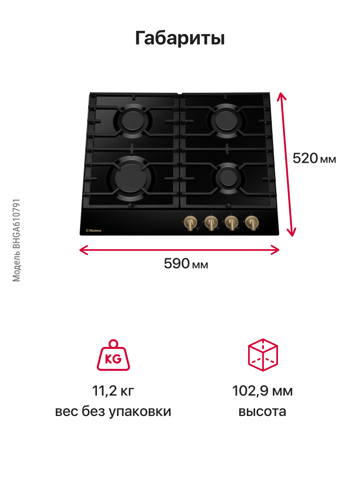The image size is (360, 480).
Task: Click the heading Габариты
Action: pos(180,38)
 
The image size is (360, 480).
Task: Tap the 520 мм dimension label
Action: pos(314,159)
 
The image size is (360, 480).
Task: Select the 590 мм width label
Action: pos(186,264)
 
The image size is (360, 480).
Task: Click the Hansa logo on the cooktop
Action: pos(94,230)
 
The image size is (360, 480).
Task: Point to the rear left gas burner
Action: pos(132,119)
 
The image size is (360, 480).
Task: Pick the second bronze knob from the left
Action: pos(210,222)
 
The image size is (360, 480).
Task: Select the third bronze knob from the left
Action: pos(230,222)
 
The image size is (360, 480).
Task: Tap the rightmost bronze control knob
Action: pos(251,222)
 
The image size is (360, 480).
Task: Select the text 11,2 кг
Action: pos(113,391)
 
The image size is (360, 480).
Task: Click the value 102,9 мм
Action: pos(262,391)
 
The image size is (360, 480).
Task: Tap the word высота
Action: pos(262,412)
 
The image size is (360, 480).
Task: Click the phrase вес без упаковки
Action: pos(113,412)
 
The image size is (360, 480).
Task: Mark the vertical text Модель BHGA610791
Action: pos(16,240)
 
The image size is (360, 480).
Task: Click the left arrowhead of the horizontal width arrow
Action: pos(82,250)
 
